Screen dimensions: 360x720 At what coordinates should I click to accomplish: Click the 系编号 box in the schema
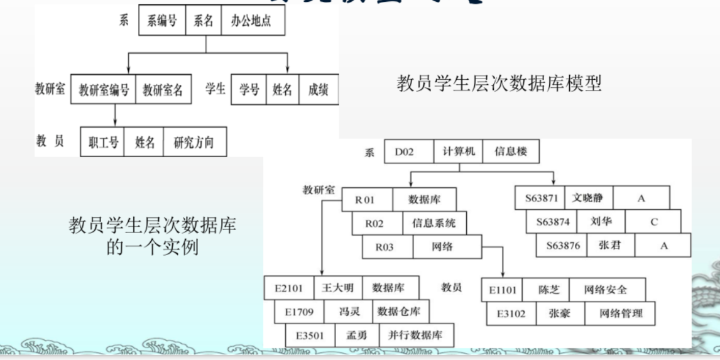[161, 21]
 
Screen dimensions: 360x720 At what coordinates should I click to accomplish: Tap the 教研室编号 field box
[104, 89]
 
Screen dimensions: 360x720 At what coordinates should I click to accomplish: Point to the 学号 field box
[249, 89]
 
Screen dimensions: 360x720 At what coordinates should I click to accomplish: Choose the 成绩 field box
[318, 89]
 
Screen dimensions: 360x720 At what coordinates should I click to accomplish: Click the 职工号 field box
[103, 142]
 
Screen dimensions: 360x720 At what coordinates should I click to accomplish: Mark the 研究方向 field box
[194, 142]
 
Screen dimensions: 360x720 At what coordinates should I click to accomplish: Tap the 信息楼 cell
[510, 151]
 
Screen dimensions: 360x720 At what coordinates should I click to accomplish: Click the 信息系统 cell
[434, 223]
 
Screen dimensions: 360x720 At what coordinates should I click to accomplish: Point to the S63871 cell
[541, 198]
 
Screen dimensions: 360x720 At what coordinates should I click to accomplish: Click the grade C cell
[653, 221]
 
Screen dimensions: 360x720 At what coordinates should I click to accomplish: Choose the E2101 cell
[288, 288]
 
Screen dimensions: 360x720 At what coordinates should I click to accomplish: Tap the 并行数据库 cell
[415, 335]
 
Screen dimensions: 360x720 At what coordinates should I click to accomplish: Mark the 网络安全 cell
[605, 290]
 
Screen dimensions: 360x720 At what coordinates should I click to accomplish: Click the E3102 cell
[511, 313]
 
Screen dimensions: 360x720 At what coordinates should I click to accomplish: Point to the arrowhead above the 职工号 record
[115, 121]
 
